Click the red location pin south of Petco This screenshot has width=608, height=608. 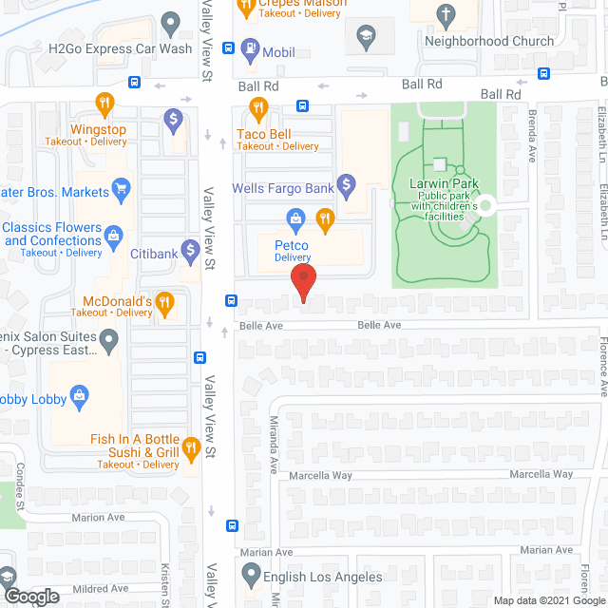(x=302, y=283)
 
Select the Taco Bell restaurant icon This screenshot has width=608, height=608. (x=255, y=107)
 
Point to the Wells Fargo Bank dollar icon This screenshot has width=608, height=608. (x=347, y=181)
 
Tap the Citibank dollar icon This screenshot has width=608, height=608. (x=190, y=251)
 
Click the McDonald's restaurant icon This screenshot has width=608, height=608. (x=163, y=304)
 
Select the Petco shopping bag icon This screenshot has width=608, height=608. (x=296, y=220)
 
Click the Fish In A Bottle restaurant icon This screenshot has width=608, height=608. (x=190, y=446)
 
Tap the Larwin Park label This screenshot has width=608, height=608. (x=449, y=184)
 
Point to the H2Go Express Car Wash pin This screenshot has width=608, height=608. (x=171, y=21)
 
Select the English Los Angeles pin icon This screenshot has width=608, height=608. (x=251, y=573)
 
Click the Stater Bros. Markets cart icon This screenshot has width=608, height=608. (x=121, y=190)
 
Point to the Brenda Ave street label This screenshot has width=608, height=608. (x=533, y=139)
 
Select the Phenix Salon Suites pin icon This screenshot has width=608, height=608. (x=108, y=337)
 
